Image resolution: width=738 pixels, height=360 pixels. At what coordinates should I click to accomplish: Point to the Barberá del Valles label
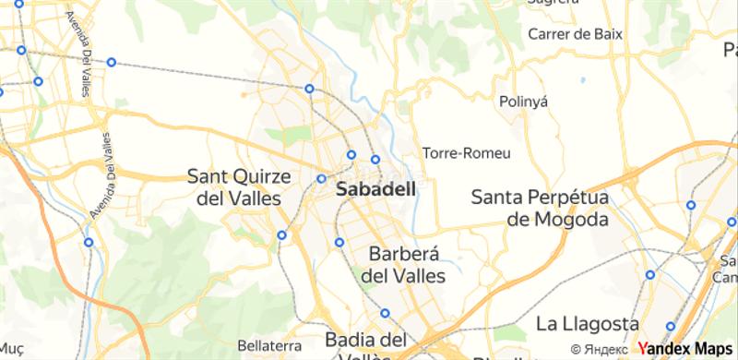[x=406, y=263]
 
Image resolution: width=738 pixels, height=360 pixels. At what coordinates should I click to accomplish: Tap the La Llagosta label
[x=587, y=324]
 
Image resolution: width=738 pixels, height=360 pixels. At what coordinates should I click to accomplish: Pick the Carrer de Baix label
[x=573, y=35]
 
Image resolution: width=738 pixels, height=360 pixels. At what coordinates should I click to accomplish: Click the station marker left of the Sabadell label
[x=321, y=179]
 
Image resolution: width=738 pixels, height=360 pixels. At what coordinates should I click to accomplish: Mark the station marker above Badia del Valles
[x=386, y=312]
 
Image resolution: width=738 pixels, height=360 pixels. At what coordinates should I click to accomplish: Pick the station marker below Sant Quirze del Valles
[x=281, y=234]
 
